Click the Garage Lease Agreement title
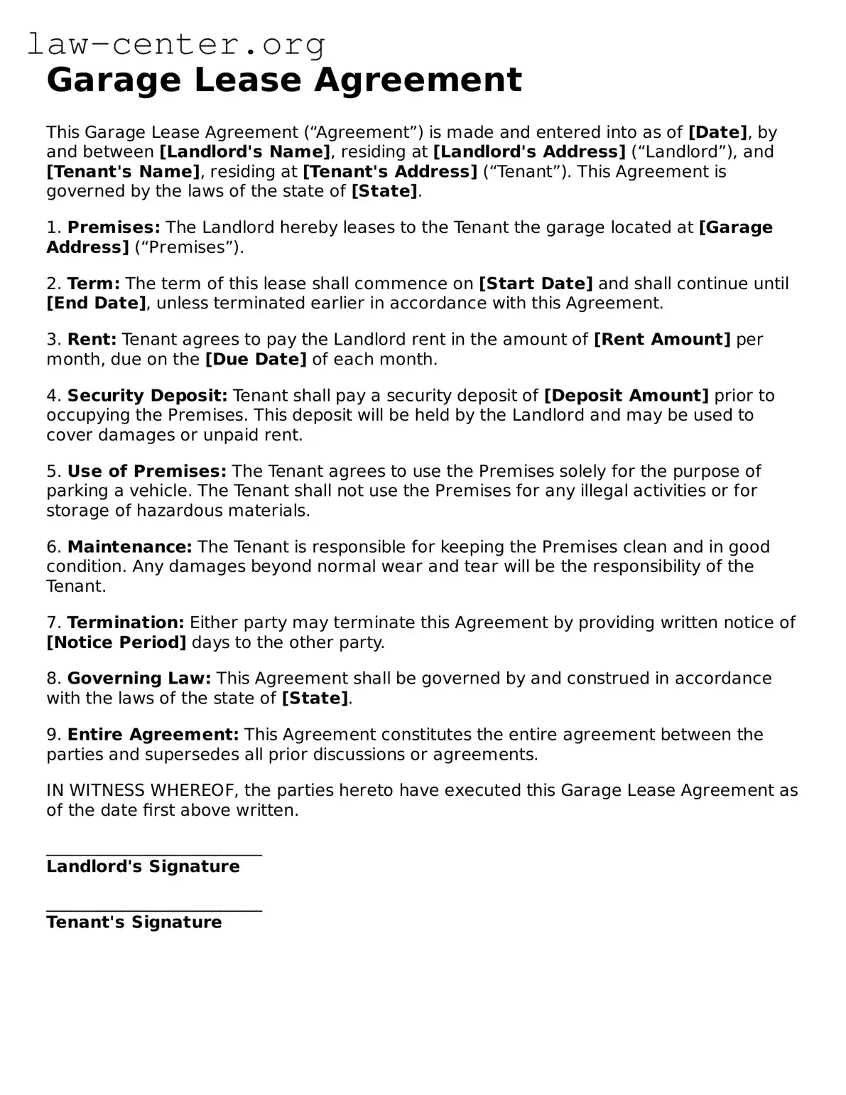[284, 80]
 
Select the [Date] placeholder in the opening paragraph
[717, 132]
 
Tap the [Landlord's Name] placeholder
[245, 152]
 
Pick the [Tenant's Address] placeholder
[390, 172]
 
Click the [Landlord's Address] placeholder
[529, 152]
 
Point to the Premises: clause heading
[114, 227]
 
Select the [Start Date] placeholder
[536, 284]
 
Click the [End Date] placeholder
[97, 303]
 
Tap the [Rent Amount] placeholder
[661, 340]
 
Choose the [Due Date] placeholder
[256, 360]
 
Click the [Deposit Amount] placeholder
[626, 396]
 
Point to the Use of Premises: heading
[147, 472]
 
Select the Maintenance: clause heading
[129, 547]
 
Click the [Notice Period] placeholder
[116, 643]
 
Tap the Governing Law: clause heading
[139, 679]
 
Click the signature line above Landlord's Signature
[154, 855]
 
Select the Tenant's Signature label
[134, 922]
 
